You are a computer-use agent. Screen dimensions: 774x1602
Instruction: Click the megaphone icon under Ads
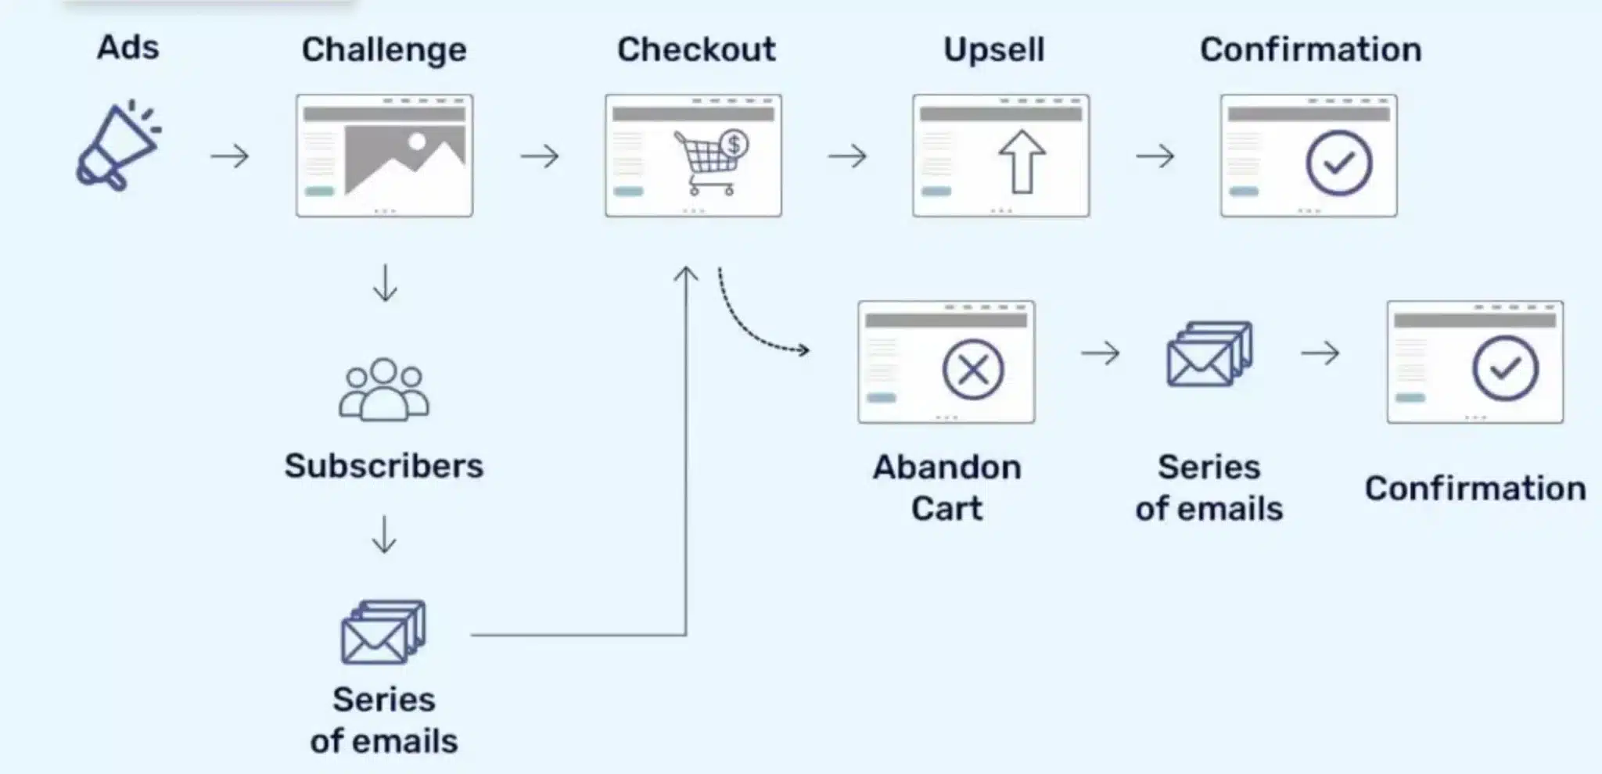tap(117, 147)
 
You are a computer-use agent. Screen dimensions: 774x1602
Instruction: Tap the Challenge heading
tap(384, 50)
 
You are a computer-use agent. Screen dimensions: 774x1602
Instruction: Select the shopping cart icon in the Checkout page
tap(707, 163)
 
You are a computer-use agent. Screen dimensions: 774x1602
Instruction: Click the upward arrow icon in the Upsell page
tap(1022, 161)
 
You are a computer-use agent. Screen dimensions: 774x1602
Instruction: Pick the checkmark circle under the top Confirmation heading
tap(1338, 163)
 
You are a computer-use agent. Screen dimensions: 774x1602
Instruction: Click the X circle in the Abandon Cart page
tap(972, 369)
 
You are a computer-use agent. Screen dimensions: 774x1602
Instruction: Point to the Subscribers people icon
tap(383, 389)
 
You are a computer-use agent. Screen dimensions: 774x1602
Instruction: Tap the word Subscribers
tap(383, 466)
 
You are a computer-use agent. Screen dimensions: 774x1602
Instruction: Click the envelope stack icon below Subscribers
tap(383, 632)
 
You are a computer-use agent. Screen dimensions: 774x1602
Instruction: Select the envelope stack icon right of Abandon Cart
tap(1209, 354)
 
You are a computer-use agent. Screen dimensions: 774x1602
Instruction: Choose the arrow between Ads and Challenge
tap(230, 156)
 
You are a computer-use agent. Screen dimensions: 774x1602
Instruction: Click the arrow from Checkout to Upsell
tap(848, 156)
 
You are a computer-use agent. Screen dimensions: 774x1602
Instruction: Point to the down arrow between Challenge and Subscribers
tap(385, 283)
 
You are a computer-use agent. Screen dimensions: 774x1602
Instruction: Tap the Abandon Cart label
tap(946, 488)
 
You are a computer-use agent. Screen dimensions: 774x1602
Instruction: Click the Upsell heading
tap(993, 50)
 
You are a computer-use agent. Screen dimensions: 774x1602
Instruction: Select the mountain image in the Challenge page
tap(404, 159)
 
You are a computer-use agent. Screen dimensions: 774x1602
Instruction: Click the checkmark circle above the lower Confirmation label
tap(1505, 368)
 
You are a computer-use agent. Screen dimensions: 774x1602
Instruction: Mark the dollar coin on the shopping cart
tap(734, 144)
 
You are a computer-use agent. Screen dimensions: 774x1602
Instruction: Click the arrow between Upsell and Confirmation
tap(1155, 156)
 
